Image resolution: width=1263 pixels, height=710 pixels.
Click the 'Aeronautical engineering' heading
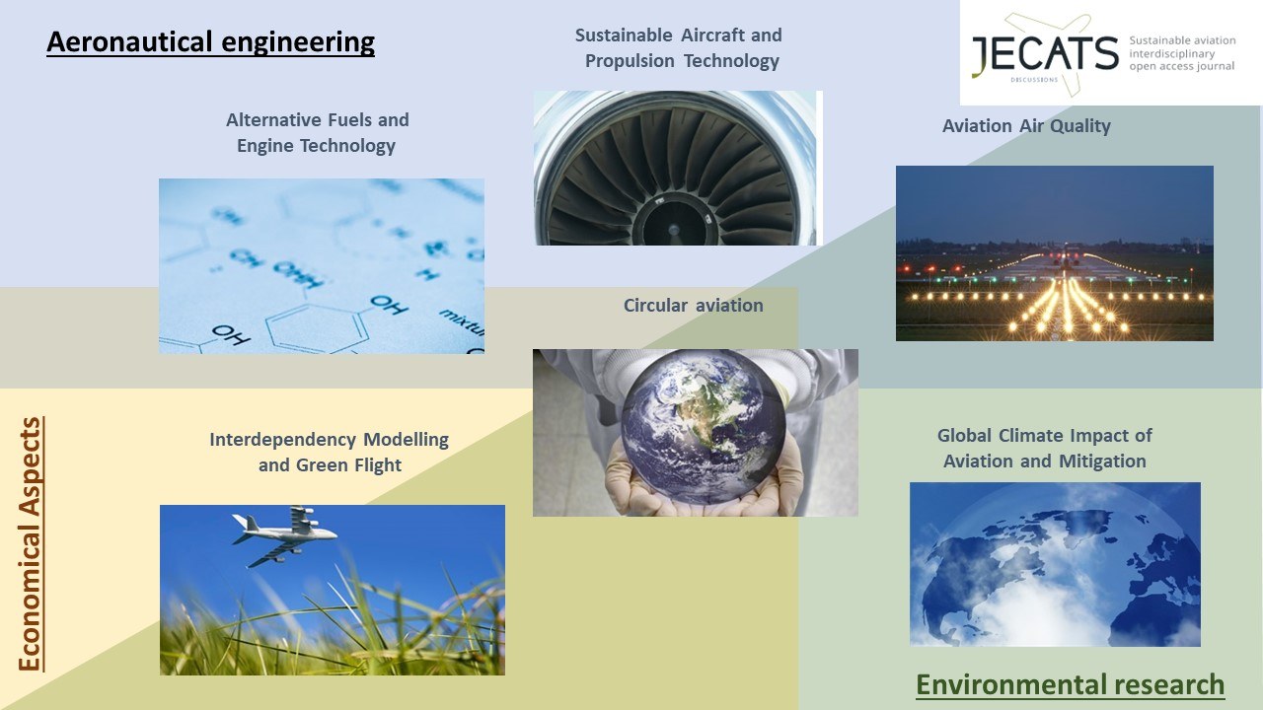click(210, 42)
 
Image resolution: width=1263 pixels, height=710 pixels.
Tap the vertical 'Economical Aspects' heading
click(31, 544)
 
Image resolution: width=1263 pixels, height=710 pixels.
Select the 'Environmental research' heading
click(1071, 685)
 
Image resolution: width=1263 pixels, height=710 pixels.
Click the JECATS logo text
click(1045, 53)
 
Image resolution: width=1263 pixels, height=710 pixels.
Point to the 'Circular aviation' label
click(693, 306)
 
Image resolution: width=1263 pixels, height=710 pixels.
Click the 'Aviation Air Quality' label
click(1026, 125)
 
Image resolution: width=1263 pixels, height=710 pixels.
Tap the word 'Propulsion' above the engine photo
click(630, 61)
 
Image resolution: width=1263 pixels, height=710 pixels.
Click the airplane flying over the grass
click(284, 534)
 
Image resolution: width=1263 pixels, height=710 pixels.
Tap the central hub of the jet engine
click(673, 230)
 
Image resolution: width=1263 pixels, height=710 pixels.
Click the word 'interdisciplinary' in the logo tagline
click(1171, 54)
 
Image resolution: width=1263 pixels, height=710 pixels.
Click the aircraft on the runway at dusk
click(1065, 256)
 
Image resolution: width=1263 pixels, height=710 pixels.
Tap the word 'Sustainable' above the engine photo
click(624, 35)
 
